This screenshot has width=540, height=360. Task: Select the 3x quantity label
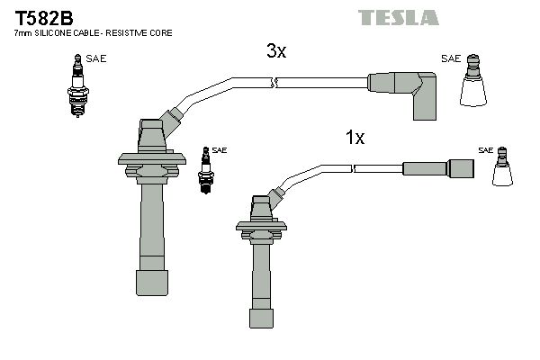click(276, 51)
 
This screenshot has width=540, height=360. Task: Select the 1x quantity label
click(355, 138)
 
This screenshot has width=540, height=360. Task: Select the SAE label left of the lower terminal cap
click(485, 149)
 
